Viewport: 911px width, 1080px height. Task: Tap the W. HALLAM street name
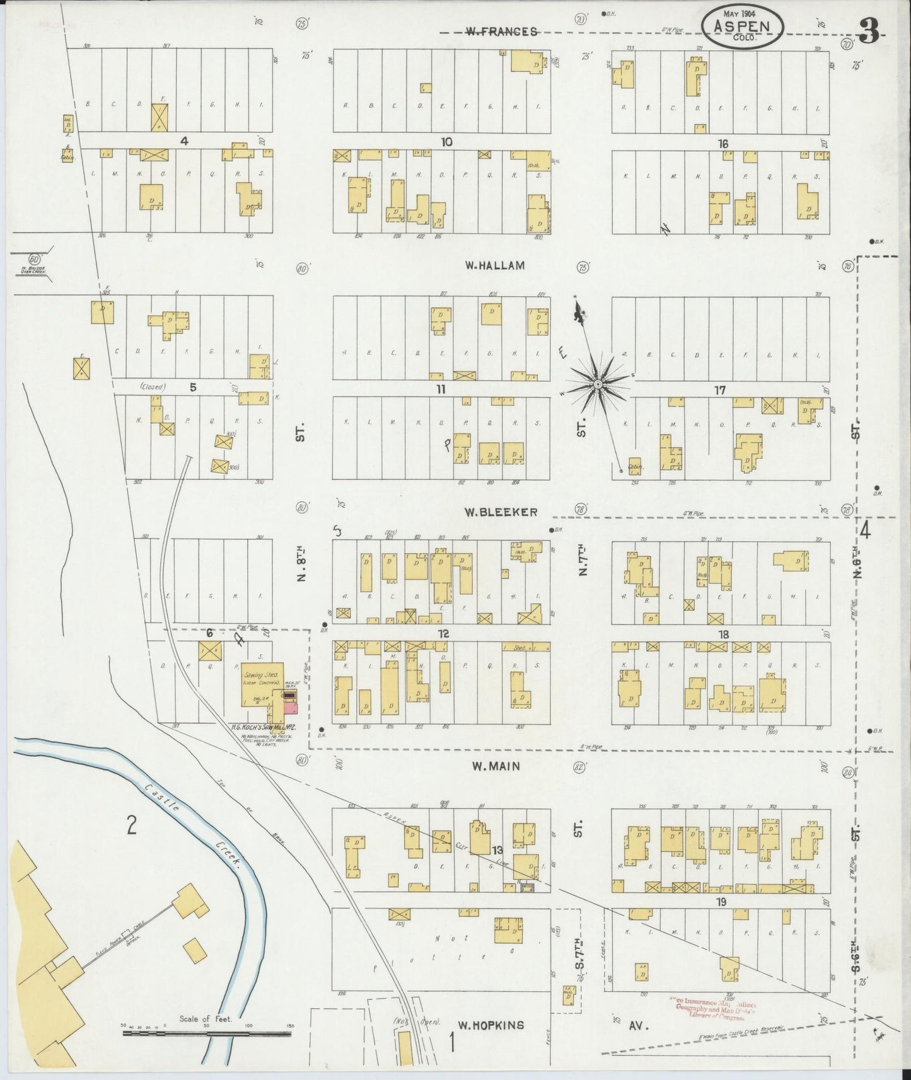(494, 266)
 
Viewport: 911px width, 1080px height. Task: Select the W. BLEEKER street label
(501, 512)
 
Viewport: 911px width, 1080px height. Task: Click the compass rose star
(597, 384)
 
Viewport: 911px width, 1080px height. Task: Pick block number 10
(446, 142)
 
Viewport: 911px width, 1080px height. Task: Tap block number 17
(719, 391)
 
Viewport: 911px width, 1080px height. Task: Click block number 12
(444, 633)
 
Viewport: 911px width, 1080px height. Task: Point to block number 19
(721, 902)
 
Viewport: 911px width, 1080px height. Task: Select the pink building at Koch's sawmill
(290, 708)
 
